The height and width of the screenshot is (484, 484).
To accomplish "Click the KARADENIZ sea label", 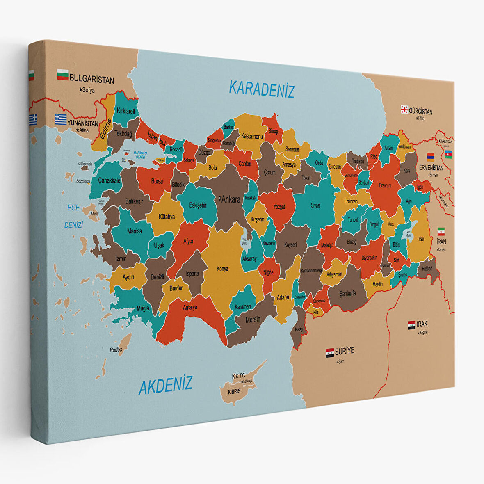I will (x=261, y=89).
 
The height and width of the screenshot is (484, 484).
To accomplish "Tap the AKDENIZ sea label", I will (x=165, y=385).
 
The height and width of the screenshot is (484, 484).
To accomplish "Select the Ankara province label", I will (x=231, y=200).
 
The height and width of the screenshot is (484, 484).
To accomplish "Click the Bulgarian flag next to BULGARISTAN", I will (x=63, y=75).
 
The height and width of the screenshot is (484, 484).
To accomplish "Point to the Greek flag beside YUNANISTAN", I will (x=60, y=119).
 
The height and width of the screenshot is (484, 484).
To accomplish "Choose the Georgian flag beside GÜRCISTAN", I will (x=404, y=110).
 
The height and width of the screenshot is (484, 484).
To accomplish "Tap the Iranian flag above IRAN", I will (x=441, y=231).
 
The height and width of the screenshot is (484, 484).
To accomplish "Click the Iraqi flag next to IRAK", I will (x=411, y=325).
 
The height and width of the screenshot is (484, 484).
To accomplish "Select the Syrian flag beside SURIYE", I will (x=330, y=353).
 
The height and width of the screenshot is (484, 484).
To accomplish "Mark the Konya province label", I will (x=222, y=269).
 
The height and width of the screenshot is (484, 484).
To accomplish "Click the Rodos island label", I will (x=116, y=350).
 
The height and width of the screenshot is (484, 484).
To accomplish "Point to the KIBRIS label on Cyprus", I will (x=234, y=391).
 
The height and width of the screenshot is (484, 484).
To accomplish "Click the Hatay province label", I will (x=298, y=329).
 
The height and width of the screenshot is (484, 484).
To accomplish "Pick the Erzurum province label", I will (x=385, y=185).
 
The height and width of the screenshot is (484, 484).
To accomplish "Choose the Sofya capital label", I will (x=88, y=90).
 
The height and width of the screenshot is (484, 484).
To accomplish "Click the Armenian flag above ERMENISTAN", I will (x=430, y=157).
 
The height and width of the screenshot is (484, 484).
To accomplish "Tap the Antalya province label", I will (x=190, y=307).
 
